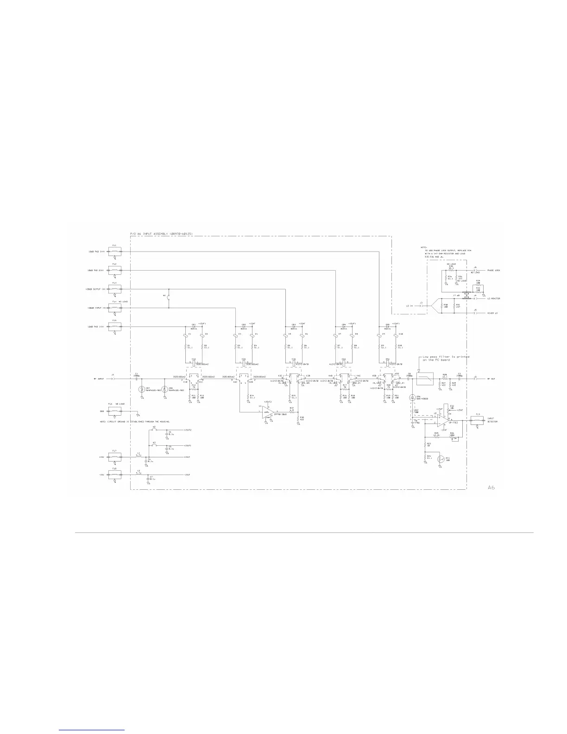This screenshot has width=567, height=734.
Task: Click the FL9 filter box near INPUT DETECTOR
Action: [x=477, y=420]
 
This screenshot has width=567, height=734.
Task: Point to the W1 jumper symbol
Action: [x=169, y=298]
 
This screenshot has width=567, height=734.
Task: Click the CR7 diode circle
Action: [x=142, y=389]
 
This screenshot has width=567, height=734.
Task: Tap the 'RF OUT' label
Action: [x=491, y=379]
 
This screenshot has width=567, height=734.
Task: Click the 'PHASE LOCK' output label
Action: [x=493, y=270]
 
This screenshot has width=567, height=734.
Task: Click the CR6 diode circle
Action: [x=412, y=398]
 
